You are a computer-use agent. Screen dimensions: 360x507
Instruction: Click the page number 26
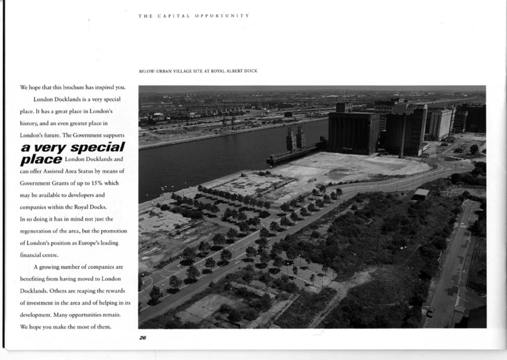pyautogui.click(x=143, y=337)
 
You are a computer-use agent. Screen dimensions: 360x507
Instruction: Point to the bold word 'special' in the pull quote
pyautogui.click(x=98, y=147)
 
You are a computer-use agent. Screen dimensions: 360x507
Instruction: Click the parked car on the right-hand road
pyautogui.click(x=430, y=312)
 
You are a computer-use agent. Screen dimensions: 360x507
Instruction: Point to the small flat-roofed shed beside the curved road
pyautogui.click(x=420, y=194)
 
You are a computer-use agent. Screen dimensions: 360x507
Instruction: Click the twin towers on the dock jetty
pyautogui.click(x=296, y=138)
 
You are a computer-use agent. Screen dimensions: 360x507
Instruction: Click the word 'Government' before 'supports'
pyautogui.click(x=86, y=135)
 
